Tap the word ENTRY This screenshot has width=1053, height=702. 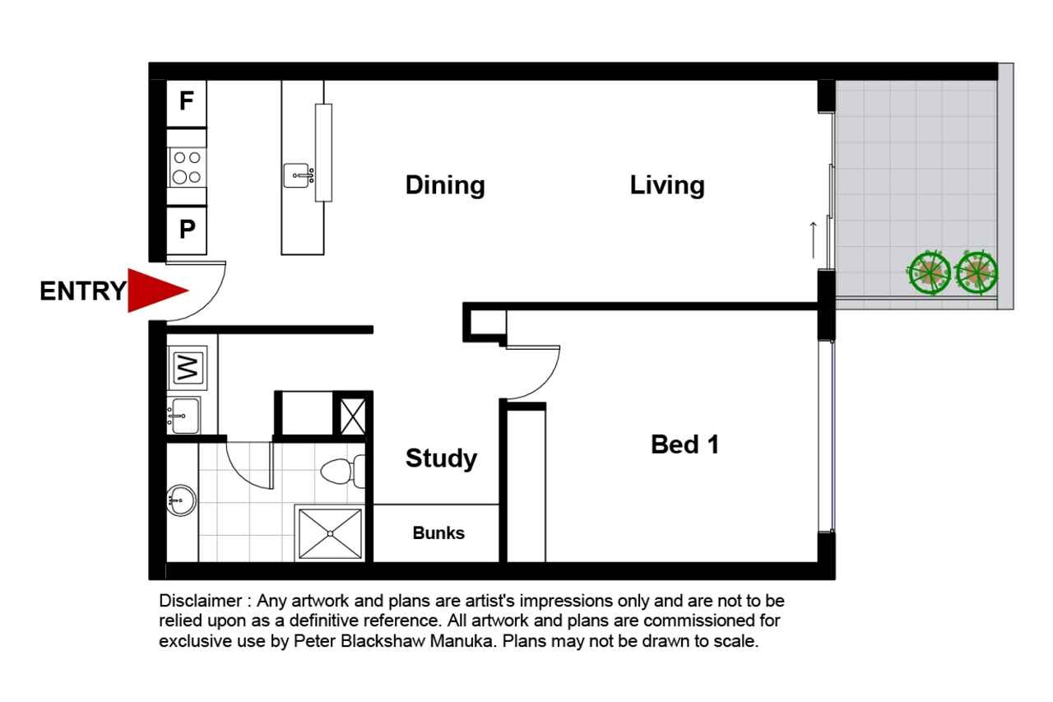83,291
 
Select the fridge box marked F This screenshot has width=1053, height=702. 187,103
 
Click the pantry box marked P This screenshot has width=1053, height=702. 187,230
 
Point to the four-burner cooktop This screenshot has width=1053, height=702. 188,168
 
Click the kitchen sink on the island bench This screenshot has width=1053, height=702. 299,175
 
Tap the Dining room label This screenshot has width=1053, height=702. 445,185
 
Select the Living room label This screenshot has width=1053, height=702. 667,185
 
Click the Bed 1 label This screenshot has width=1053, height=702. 685,444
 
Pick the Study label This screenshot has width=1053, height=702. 441,458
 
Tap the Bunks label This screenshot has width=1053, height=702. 438,532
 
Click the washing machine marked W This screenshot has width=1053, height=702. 187,368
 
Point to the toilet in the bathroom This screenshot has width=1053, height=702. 343,471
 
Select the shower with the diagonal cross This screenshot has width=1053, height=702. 330,533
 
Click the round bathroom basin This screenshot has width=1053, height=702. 181,500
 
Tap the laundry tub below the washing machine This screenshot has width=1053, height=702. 184,416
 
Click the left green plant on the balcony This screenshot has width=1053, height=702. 929,273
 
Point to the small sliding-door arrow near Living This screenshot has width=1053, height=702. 814,239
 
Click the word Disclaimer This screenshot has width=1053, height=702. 200,601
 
